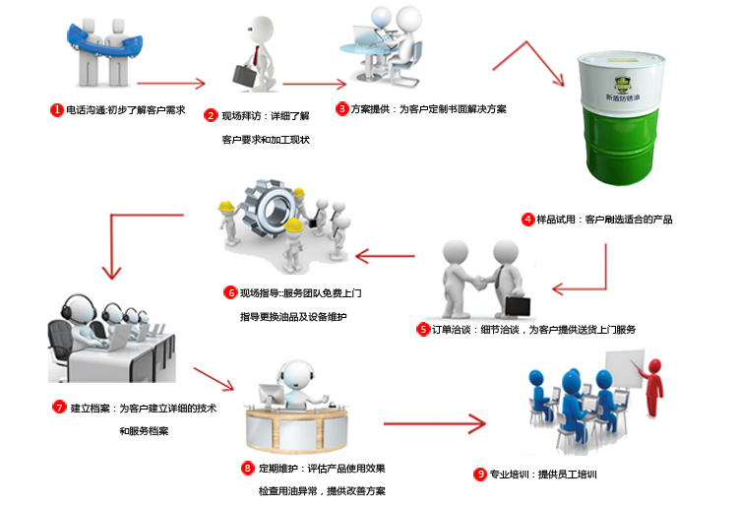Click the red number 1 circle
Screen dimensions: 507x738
[57, 110]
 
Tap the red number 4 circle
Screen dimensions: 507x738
[528, 219]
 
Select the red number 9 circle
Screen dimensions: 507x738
[480, 474]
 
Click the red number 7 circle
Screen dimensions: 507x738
[59, 407]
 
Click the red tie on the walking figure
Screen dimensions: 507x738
[258, 50]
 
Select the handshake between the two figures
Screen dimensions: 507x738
[482, 283]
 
